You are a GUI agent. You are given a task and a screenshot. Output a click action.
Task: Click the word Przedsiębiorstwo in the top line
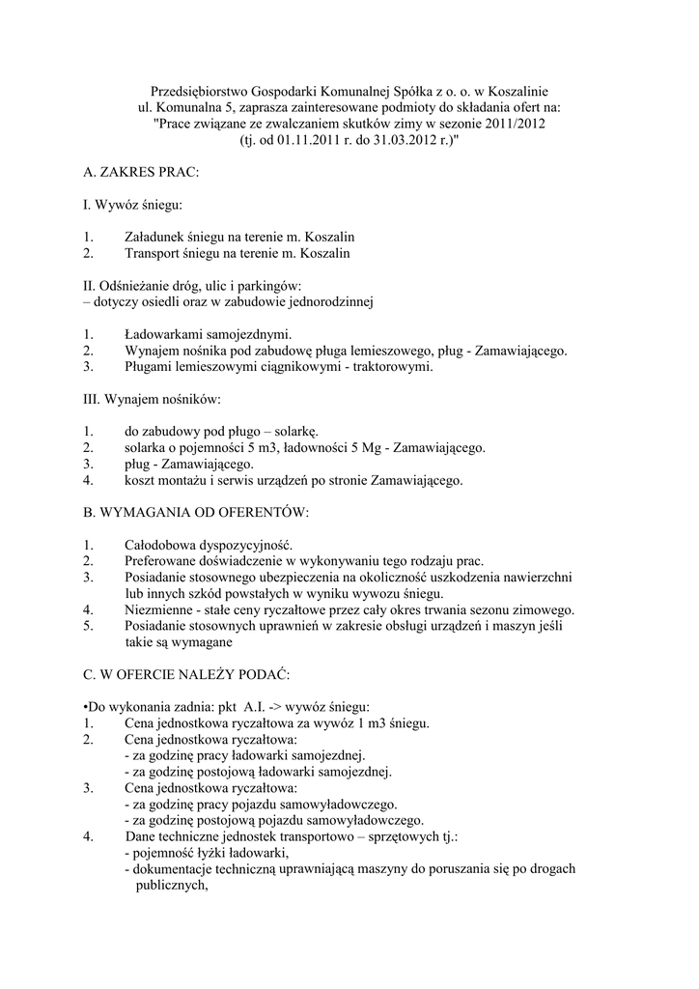coord(200,88)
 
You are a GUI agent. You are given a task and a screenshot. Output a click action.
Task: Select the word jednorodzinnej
coord(330,302)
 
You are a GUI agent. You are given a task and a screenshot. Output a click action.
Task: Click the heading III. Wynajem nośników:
coord(153,401)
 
